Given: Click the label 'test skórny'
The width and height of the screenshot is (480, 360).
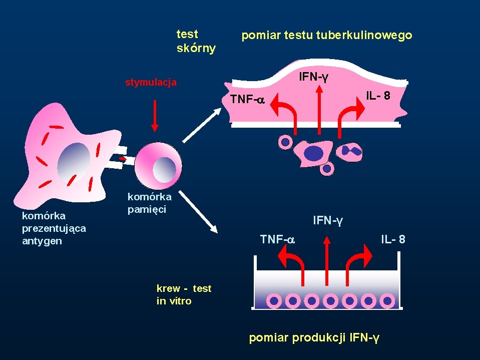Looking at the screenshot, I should pos(196,41).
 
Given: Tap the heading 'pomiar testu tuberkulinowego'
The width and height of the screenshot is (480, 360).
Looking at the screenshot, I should pos(326,36).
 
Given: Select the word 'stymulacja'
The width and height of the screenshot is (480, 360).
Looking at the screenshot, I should pos(150,83).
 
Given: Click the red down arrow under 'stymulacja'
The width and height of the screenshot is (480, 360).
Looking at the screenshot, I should pos(155,115).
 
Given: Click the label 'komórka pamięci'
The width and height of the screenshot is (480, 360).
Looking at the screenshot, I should pos(149,203).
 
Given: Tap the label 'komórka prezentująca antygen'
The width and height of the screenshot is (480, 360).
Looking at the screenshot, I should pos(54,228).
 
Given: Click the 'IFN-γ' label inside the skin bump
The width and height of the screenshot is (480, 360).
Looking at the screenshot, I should pos(314,77).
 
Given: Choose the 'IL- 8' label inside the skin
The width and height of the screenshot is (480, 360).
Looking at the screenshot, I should pos(378,95).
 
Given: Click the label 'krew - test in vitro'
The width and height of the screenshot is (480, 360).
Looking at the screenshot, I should pos(184,294).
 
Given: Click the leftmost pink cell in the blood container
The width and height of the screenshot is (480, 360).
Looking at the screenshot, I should pos(274,301).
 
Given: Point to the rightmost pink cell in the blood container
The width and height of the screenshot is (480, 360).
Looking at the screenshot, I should pos(387,301).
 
